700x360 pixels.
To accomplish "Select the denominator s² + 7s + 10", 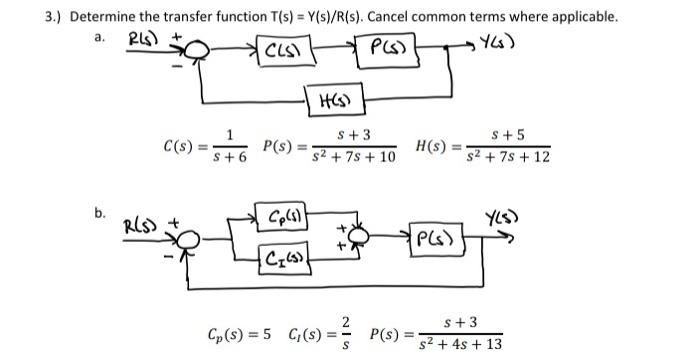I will (x=353, y=159).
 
